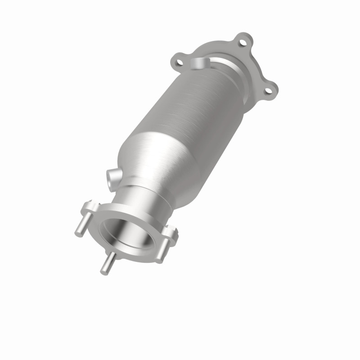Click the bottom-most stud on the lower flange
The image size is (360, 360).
[x=106, y=266]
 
